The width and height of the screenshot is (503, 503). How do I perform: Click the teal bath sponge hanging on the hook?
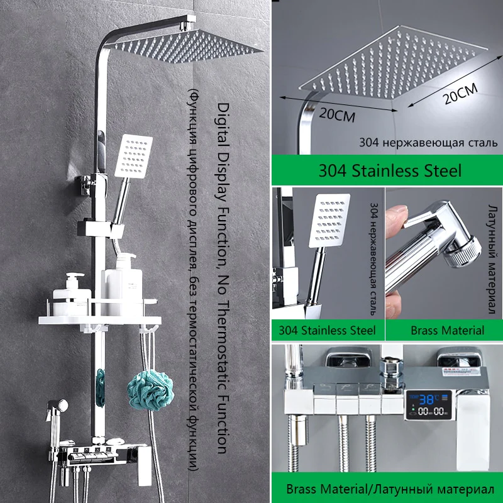point(150,390)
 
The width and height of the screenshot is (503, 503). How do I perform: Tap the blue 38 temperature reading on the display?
point(426,400)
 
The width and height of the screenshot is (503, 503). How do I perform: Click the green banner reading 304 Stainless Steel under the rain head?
point(387,170)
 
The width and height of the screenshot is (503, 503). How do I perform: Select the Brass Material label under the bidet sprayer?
point(447,331)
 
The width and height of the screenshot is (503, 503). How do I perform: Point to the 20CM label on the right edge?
point(461,93)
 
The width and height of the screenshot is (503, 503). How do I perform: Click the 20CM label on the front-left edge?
point(337,114)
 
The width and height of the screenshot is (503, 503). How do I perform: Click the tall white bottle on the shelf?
point(123,284)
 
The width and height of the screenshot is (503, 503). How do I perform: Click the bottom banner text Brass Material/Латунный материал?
point(390,489)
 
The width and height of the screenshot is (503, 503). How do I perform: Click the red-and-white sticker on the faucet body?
point(461,372)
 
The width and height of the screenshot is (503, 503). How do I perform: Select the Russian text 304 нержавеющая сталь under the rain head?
point(428,143)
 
